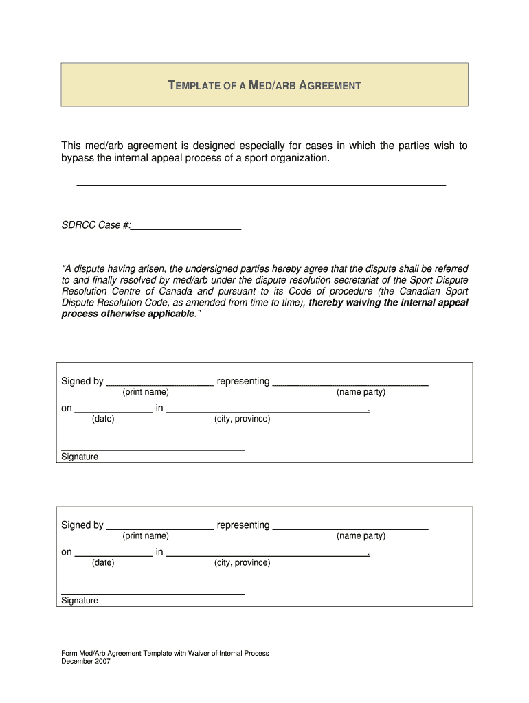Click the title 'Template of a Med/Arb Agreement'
[x=264, y=86]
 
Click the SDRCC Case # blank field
[x=186, y=225]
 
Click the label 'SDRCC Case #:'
[x=96, y=225]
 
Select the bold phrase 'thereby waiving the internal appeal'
[x=388, y=302]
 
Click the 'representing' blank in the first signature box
[x=350, y=382]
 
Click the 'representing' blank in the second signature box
[x=350, y=527]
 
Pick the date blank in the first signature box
[x=113, y=409]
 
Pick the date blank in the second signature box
[x=113, y=553]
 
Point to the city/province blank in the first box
[x=268, y=409]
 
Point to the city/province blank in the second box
[x=268, y=553]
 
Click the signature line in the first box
[x=153, y=448]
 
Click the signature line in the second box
[x=153, y=592]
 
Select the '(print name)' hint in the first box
[x=146, y=392]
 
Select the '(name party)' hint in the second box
[x=361, y=536]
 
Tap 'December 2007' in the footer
[x=86, y=662]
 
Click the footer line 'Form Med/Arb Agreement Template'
[x=165, y=654]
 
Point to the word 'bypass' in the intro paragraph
[x=77, y=159]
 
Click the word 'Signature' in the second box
[x=80, y=601]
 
